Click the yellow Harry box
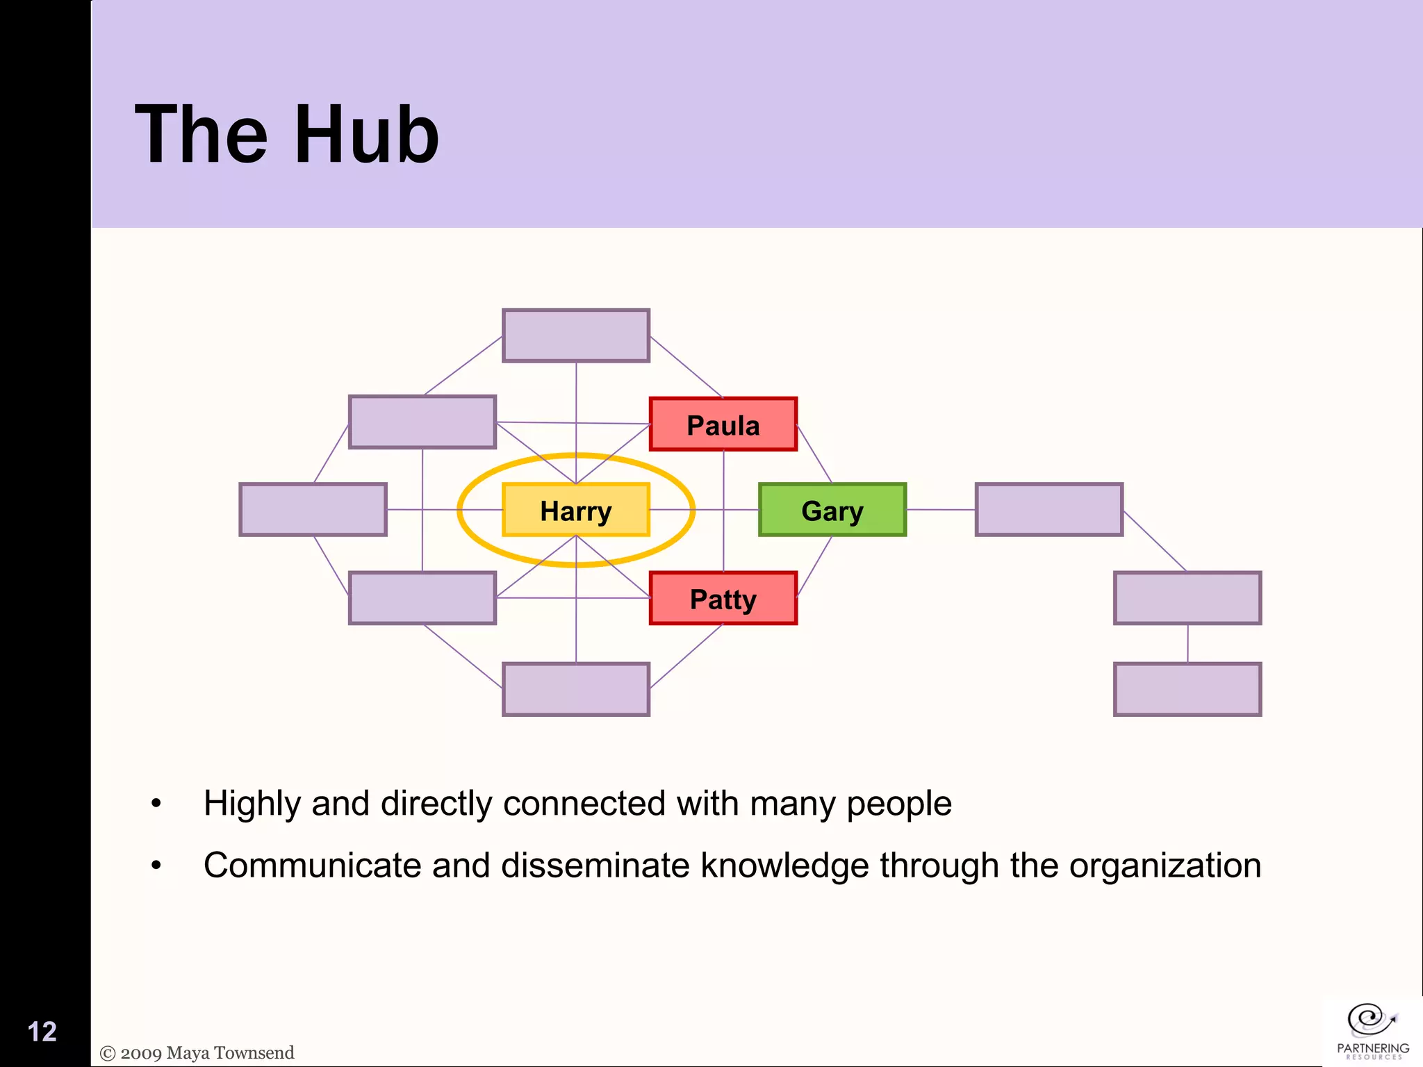tap(575, 510)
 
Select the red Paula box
tap(723, 424)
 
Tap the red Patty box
tap(723, 598)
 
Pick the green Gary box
tap(832, 510)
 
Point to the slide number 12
tap(42, 1032)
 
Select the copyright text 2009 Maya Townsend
tap(197, 1053)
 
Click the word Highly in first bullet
tap(252, 804)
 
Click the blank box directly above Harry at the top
tap(575, 336)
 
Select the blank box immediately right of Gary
tap(1048, 510)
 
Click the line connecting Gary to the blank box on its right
tap(941, 510)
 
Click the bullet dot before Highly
tap(156, 804)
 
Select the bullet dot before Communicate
tap(156, 866)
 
